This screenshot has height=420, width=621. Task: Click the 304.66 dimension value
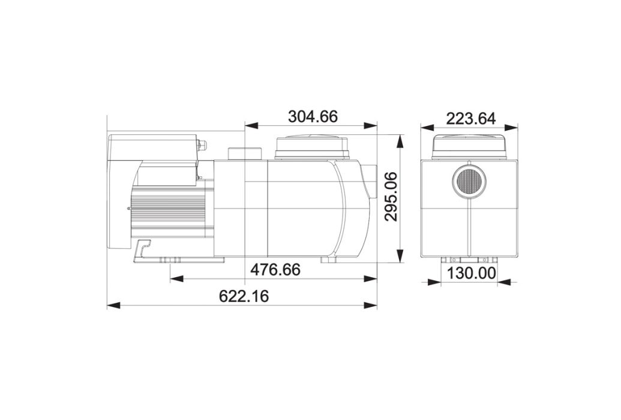coord(313,117)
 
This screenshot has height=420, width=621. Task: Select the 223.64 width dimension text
coord(471,118)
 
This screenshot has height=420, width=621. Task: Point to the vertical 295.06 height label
coord(391,196)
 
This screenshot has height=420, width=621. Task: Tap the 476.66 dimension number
coord(275,269)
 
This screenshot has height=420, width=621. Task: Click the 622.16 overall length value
coord(244,296)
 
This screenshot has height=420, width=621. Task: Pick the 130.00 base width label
coord(471,273)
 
